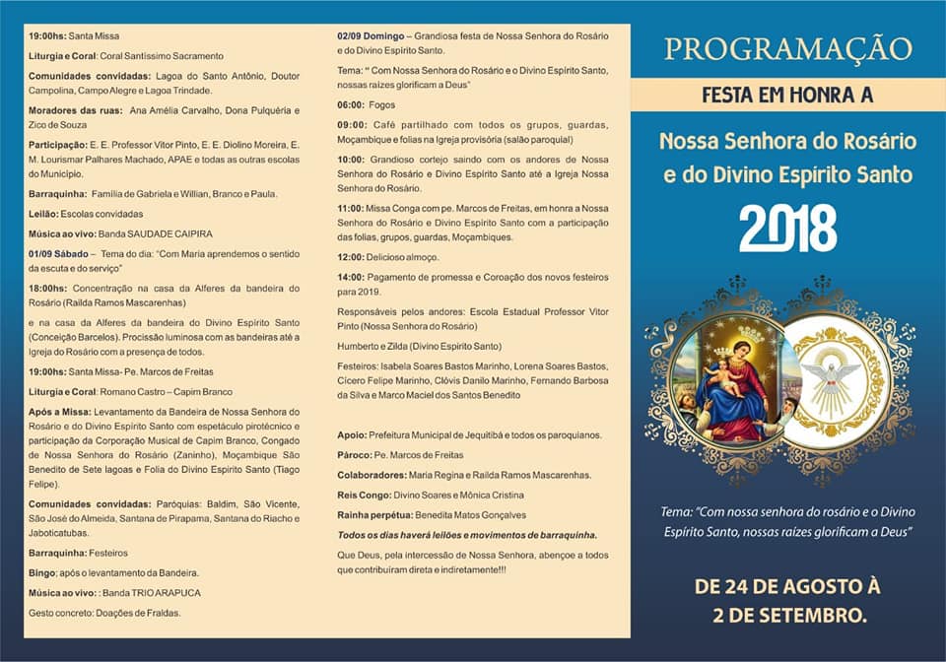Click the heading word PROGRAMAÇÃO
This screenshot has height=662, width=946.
(x=787, y=48)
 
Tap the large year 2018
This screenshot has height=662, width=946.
(x=787, y=229)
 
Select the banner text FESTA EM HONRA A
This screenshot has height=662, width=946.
(x=787, y=96)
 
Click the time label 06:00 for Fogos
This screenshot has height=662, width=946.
(x=351, y=104)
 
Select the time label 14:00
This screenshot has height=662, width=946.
(x=351, y=277)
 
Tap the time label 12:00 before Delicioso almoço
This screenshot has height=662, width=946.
(x=351, y=256)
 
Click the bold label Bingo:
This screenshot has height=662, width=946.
(x=44, y=572)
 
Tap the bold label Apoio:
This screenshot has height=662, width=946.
(x=353, y=434)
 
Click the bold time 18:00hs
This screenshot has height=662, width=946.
(x=47, y=289)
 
